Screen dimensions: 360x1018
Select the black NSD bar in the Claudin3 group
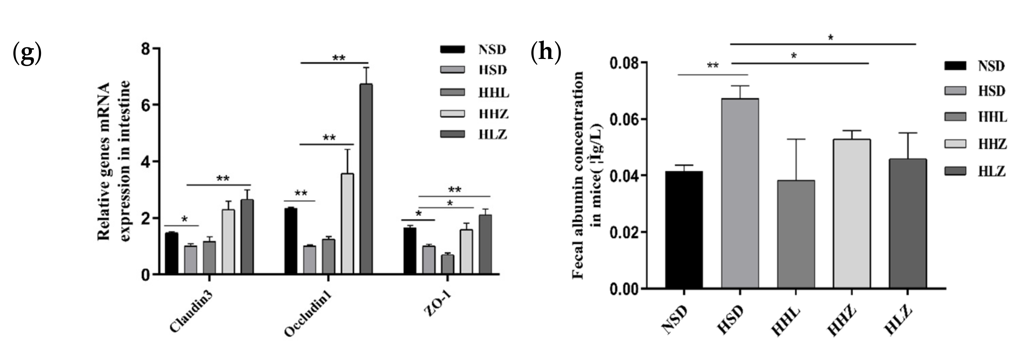(171, 253)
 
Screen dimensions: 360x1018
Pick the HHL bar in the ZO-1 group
(447, 264)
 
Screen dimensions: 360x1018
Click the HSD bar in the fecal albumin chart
(740, 194)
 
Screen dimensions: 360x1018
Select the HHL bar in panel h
(796, 234)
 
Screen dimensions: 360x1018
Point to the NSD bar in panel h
(684, 230)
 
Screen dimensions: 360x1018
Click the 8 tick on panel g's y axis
(146, 49)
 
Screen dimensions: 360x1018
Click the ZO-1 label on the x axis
(437, 304)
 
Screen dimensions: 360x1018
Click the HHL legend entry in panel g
(474, 92)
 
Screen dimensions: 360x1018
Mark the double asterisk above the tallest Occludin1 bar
(339, 58)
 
